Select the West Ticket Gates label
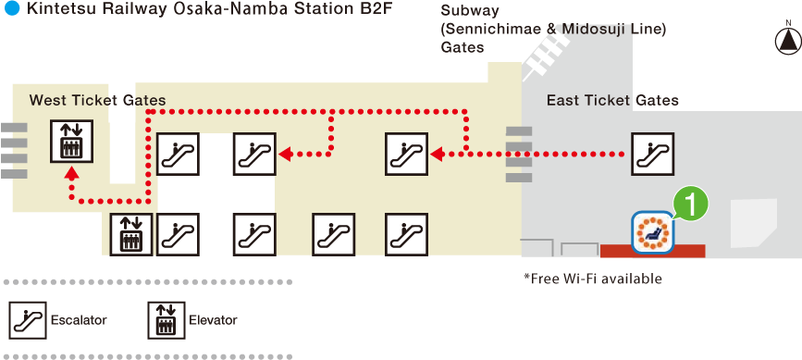pos(97,100)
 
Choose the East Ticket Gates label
pos(612,100)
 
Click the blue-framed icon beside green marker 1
pos(653,231)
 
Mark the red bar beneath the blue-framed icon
pos(652,251)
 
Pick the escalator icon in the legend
pos(28,320)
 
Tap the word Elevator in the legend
pos(213,320)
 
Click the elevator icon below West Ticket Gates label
pos(71,142)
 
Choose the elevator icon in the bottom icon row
pos(130,234)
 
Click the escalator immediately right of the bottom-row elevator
pos(178,234)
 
